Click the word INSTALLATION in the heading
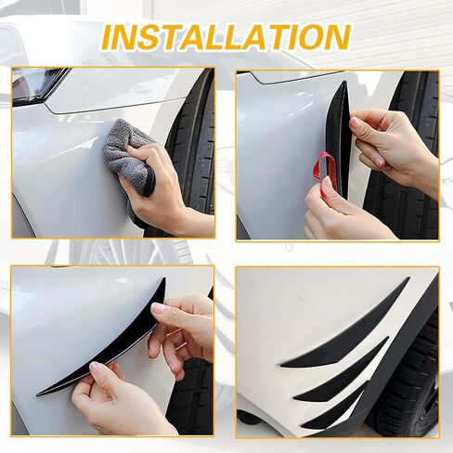[226, 37]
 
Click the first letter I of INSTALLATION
[109, 37]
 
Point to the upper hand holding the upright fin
[393, 149]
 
